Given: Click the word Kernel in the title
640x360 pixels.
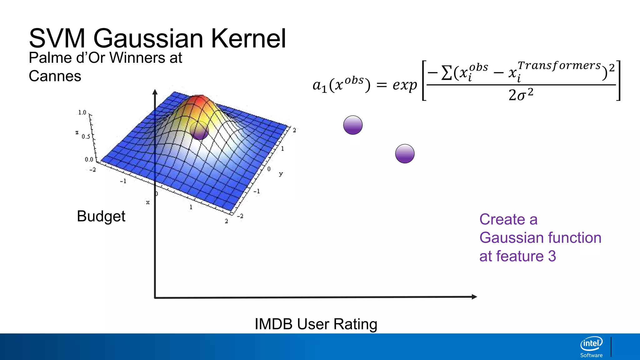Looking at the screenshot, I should [248, 38].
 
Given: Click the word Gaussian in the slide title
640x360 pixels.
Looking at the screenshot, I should [148, 38].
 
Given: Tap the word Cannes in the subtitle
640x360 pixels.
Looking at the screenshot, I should [55, 76].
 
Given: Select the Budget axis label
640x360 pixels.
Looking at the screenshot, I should [101, 216].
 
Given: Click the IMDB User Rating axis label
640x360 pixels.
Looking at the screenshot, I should [316, 324].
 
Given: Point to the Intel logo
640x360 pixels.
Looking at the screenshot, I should [591, 344].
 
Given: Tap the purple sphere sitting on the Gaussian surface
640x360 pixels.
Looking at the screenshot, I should [199, 130].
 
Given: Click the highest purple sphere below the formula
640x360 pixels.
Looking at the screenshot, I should [353, 125].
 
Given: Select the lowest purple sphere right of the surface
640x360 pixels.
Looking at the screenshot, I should [405, 154].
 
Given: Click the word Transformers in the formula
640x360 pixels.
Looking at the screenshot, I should [559, 66].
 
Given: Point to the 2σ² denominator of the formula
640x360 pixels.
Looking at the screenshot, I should [521, 95].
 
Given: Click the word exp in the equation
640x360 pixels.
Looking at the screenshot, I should [405, 85].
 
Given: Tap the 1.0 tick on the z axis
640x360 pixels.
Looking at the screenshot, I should [82, 112].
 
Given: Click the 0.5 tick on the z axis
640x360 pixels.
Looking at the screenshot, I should [86, 137].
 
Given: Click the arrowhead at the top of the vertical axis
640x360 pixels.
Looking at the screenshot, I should [155, 92].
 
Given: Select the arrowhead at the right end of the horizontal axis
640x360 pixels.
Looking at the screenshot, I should [474, 297].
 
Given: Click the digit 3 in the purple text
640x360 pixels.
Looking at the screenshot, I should [552, 256].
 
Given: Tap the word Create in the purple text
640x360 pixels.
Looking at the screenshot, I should [502, 219].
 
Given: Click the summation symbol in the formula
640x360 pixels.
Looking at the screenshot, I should [447, 73].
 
